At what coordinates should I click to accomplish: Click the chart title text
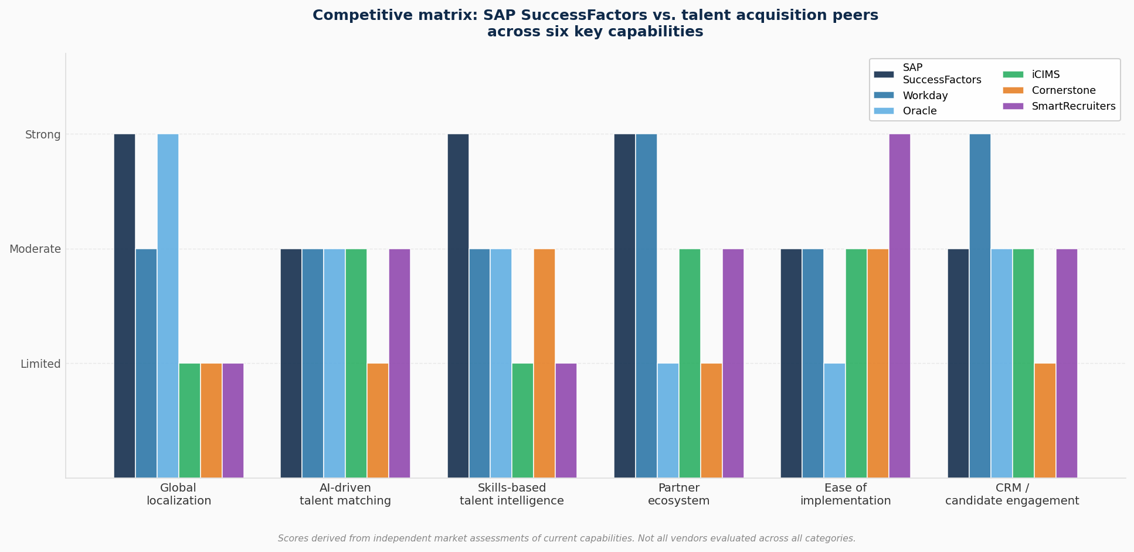(595, 23)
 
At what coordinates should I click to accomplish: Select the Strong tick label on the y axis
(43, 135)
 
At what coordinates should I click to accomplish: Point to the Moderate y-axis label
(35, 249)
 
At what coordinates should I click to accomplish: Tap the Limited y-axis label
(40, 364)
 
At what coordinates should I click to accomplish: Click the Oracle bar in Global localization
(168, 305)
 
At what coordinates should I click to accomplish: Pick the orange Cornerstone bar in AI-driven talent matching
(378, 420)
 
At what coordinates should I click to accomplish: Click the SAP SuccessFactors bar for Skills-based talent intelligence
(458, 305)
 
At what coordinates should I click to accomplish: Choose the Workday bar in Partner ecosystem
(646, 305)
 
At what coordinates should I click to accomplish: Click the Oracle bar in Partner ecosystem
(668, 420)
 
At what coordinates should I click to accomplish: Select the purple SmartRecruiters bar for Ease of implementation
(899, 305)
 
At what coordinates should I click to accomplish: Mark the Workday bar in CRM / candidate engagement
(980, 305)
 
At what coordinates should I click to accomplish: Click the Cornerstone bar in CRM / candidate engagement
(1045, 420)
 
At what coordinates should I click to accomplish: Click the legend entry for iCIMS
(1045, 74)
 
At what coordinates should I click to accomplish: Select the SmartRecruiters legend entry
(1073, 106)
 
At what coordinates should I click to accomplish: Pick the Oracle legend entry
(919, 111)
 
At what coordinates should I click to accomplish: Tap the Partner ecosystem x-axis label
(678, 495)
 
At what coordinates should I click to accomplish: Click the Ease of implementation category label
(845, 495)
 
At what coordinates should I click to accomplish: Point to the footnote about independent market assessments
(566, 539)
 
